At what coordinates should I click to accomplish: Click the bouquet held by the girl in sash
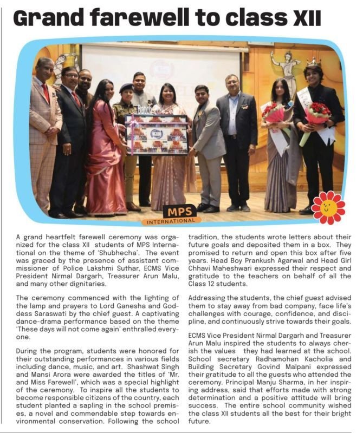coord(275,114)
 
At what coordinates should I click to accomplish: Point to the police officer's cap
coord(126,87)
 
